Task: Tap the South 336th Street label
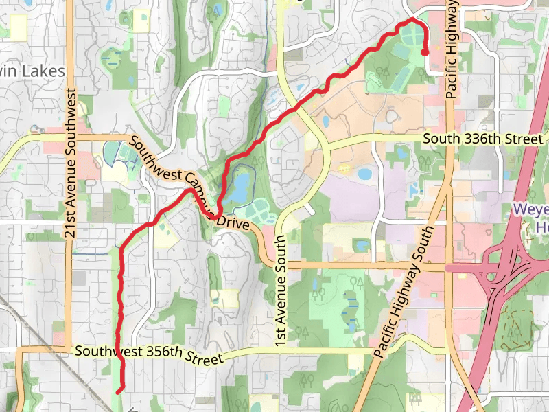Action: [x=482, y=139]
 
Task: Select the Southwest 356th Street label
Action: [x=149, y=354]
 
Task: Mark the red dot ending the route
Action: [x=425, y=51]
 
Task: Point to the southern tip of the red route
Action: [x=119, y=392]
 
